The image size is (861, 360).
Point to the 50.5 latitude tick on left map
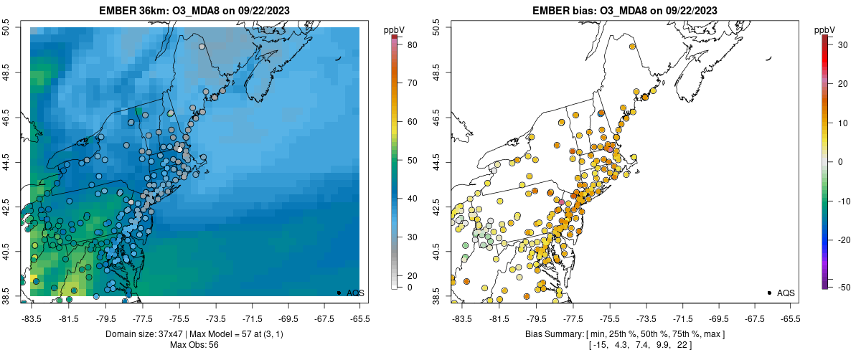(x=6, y=28)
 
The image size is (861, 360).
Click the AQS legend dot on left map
(x=339, y=293)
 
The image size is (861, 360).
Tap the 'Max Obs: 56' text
(x=194, y=345)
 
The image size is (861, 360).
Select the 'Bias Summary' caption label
(x=552, y=334)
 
